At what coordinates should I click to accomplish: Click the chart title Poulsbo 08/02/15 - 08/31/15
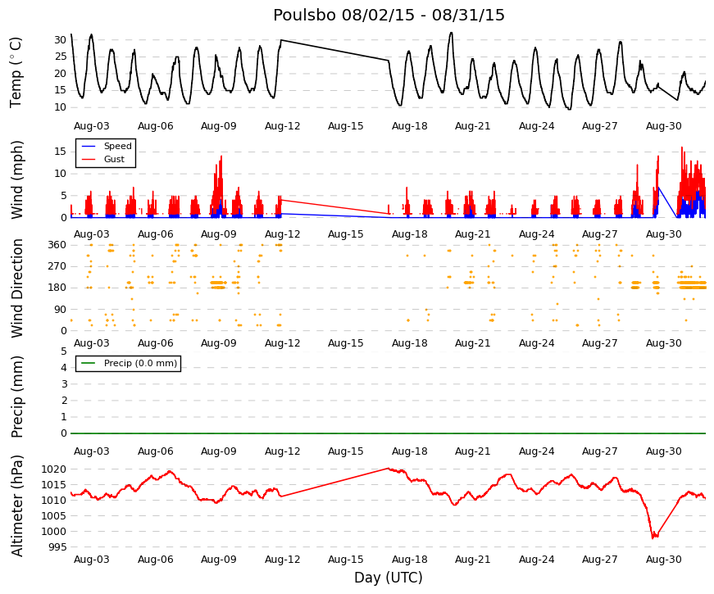point(389,15)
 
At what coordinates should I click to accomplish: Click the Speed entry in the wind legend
point(117,146)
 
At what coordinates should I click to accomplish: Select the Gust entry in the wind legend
point(114,159)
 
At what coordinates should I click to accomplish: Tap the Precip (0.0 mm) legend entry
point(140,363)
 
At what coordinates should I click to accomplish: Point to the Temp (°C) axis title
point(16,73)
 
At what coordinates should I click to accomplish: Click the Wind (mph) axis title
point(16,179)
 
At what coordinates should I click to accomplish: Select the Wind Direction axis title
point(17,288)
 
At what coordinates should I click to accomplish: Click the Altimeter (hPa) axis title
point(17,506)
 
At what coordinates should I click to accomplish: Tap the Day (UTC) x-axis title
point(389,578)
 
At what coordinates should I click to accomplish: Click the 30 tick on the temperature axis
point(60,40)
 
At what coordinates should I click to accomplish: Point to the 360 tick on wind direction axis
point(57,245)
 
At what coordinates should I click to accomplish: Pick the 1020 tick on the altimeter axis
point(54,469)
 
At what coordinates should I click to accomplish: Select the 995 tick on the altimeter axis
point(57,547)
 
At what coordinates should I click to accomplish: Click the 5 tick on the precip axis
point(64,351)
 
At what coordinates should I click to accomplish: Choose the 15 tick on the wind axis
point(60,152)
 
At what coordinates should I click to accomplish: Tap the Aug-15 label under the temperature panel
point(346,126)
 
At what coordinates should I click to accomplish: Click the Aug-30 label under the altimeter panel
point(663,560)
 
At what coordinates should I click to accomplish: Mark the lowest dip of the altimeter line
point(653,538)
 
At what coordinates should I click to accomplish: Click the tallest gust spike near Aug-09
point(221,156)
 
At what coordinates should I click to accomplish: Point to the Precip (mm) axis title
point(16,397)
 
